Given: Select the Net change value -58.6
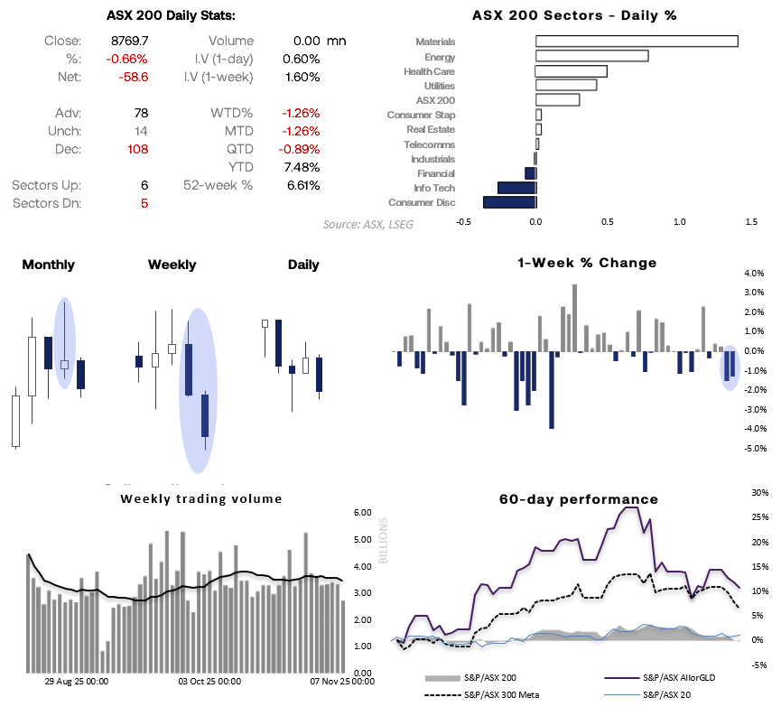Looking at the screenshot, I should pos(132,77).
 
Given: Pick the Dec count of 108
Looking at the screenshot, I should pos(137,149).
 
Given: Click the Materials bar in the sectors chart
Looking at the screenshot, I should pos(637,41).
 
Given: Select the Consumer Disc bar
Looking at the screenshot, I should pos(510,202).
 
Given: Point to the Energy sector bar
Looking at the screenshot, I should pos(591,56).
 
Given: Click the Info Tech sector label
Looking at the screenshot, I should pos(434,188).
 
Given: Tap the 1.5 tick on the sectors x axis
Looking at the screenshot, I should pos(751,220).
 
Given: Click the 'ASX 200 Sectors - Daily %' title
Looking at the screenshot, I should pos(574,15).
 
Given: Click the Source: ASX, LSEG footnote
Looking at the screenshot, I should pos(368,224).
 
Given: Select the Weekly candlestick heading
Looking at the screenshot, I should pos(172,265).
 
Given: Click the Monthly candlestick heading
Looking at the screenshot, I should pos(48,265).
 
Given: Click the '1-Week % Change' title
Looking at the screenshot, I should pos(587,263).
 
